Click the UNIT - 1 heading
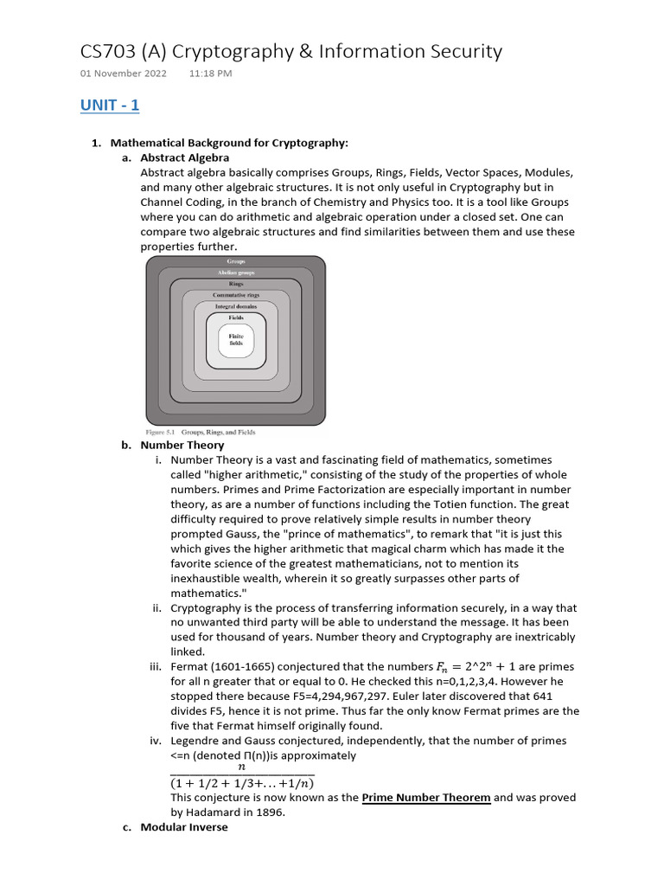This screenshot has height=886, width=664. (x=110, y=106)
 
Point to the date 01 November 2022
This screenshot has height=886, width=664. (x=124, y=74)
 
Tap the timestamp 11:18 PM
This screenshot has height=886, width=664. (x=210, y=74)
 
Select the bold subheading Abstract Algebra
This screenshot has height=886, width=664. (x=184, y=157)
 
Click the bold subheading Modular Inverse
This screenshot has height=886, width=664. (x=184, y=827)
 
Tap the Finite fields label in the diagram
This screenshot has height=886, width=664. (x=236, y=340)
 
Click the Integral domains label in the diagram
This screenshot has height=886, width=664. (x=236, y=306)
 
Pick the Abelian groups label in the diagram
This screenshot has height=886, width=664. (x=236, y=273)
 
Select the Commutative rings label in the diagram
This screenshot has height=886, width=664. (x=236, y=295)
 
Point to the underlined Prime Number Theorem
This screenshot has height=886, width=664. (x=425, y=798)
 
